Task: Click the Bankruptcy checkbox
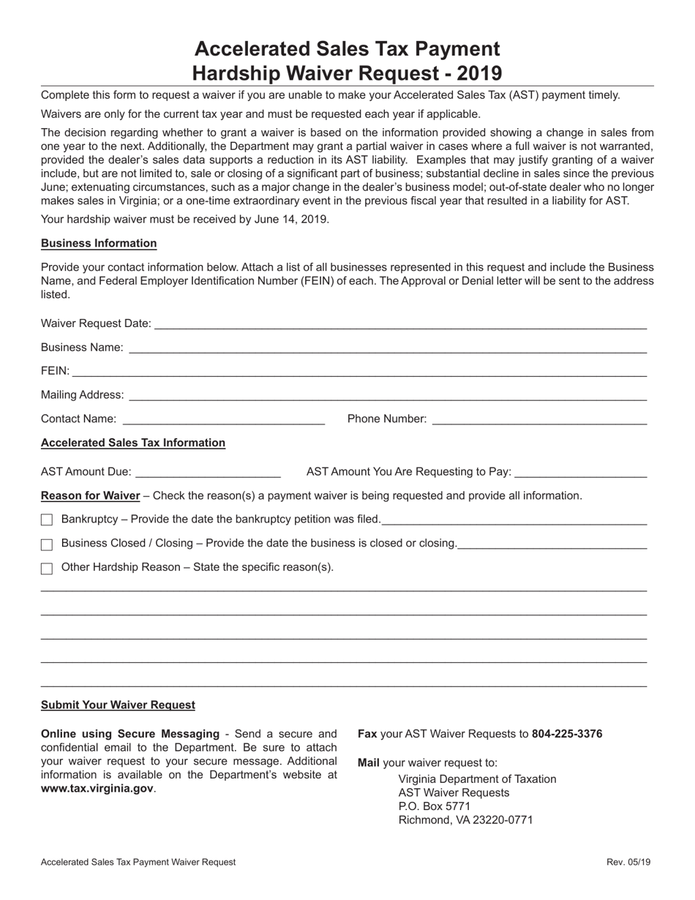tap(47, 520)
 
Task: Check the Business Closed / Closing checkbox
tap(47, 544)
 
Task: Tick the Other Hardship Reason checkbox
tap(47, 569)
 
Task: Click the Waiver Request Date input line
tap(400, 323)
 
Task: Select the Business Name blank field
tap(387, 348)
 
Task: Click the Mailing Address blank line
tap(387, 395)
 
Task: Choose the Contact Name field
tap(224, 419)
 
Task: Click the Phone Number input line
tap(539, 419)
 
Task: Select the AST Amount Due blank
tap(208, 472)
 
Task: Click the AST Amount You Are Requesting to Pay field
tap(581, 472)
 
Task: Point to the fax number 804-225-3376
tap(567, 734)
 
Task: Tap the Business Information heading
tap(99, 244)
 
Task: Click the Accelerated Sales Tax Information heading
tap(133, 443)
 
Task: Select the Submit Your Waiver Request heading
tap(118, 705)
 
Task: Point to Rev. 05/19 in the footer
tap(628, 863)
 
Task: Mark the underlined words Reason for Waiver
tap(90, 496)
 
